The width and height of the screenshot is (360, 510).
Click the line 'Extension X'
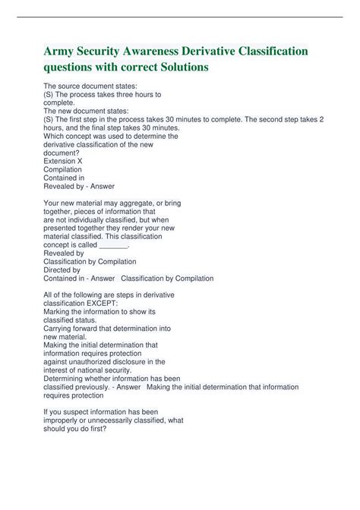[63, 161]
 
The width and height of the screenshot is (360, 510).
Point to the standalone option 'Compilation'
[62, 169]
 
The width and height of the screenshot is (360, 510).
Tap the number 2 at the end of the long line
[322, 119]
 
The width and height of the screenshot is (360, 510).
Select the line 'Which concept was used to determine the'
[111, 136]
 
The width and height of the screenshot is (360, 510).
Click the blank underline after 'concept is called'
[114, 245]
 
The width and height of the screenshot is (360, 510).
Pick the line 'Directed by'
[62, 269]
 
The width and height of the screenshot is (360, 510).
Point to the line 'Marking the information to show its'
[99, 311]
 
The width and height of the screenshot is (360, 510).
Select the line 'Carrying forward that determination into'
[107, 328]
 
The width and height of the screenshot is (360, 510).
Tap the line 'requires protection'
[73, 395]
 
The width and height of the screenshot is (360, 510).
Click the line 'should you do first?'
[75, 428]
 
